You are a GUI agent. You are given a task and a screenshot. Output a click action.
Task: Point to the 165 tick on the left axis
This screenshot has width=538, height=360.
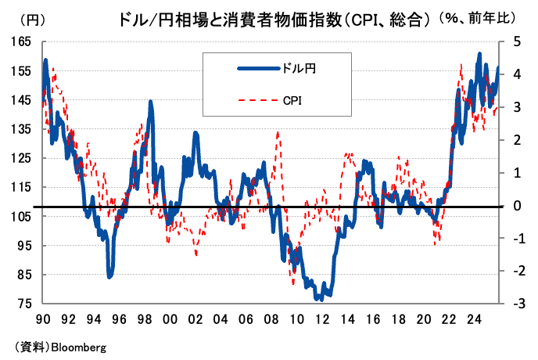point(20,41)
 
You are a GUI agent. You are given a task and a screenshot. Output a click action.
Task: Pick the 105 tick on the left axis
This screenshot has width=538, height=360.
point(20,217)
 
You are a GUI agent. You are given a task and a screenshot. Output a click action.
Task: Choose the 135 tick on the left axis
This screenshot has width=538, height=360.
point(20,129)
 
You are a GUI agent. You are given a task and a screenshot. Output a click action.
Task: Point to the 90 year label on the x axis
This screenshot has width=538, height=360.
point(44,319)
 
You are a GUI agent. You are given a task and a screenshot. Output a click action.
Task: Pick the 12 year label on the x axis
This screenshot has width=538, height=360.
point(321,319)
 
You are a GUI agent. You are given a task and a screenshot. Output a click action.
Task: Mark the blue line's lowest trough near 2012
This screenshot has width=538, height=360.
point(320,299)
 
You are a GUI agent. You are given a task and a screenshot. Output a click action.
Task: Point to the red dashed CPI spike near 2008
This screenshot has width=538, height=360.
point(278,133)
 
